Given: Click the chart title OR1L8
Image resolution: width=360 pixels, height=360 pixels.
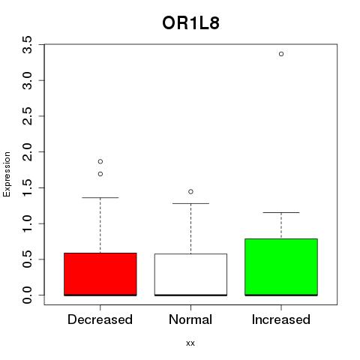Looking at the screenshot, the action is pyautogui.click(x=190, y=23).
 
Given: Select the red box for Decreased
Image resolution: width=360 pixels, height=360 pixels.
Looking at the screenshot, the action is pyautogui.click(x=100, y=274).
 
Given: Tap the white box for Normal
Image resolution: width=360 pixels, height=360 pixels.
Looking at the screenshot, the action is pyautogui.click(x=190, y=274).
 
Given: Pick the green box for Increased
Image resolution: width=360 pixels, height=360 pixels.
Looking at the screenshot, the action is pyautogui.click(x=281, y=267).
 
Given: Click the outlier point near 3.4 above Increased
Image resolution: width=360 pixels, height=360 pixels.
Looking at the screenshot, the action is pyautogui.click(x=281, y=54).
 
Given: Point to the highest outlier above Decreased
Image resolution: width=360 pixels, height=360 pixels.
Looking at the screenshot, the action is pyautogui.click(x=100, y=161).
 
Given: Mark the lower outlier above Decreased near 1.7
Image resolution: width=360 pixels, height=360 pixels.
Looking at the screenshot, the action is pyautogui.click(x=100, y=174).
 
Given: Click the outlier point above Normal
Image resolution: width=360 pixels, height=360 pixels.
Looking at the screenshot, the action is pyautogui.click(x=190, y=192).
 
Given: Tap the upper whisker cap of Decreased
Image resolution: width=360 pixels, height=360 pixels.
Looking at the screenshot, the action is pyautogui.click(x=100, y=197).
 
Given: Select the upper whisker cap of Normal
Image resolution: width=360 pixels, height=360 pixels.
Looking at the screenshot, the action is pyautogui.click(x=190, y=203).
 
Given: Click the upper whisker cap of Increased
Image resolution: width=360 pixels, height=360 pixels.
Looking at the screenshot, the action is pyautogui.click(x=281, y=212).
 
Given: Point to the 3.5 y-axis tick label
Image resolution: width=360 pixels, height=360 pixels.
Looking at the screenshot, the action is pyautogui.click(x=27, y=45).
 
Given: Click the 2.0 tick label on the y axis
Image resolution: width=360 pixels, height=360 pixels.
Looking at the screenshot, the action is pyautogui.click(x=27, y=152).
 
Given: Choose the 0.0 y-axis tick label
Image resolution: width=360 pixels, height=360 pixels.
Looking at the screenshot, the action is pyautogui.click(x=27, y=295).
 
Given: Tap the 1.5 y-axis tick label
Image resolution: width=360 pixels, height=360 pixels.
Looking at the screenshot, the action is pyautogui.click(x=27, y=187).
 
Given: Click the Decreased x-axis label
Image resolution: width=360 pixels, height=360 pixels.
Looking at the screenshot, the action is pyautogui.click(x=100, y=319).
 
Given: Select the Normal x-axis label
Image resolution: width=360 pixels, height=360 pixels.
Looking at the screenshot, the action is pyautogui.click(x=190, y=319).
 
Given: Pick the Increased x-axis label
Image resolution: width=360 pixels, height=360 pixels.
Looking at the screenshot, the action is pyautogui.click(x=281, y=319).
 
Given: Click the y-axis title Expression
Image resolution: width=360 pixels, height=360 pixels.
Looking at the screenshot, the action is pyautogui.click(x=7, y=175).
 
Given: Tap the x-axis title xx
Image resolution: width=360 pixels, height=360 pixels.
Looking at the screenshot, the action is pyautogui.click(x=190, y=343).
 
